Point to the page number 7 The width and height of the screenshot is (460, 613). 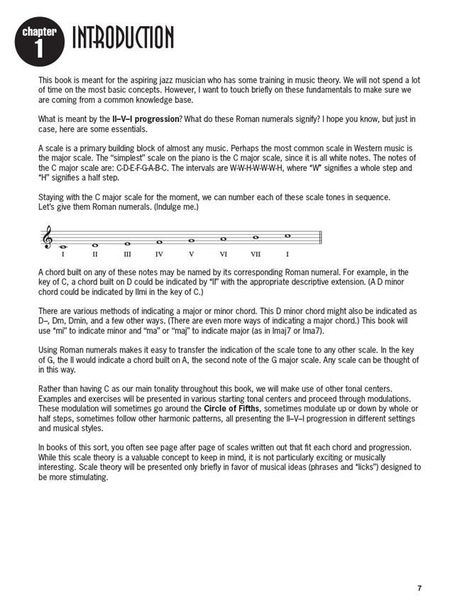420,588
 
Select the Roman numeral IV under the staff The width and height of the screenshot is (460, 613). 159,253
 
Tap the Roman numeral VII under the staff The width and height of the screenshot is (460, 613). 255,253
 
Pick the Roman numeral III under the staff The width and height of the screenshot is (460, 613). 127,253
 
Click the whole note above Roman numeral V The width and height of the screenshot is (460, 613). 191,241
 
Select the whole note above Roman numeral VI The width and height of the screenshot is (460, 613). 223,239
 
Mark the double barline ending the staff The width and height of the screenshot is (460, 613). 321,238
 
